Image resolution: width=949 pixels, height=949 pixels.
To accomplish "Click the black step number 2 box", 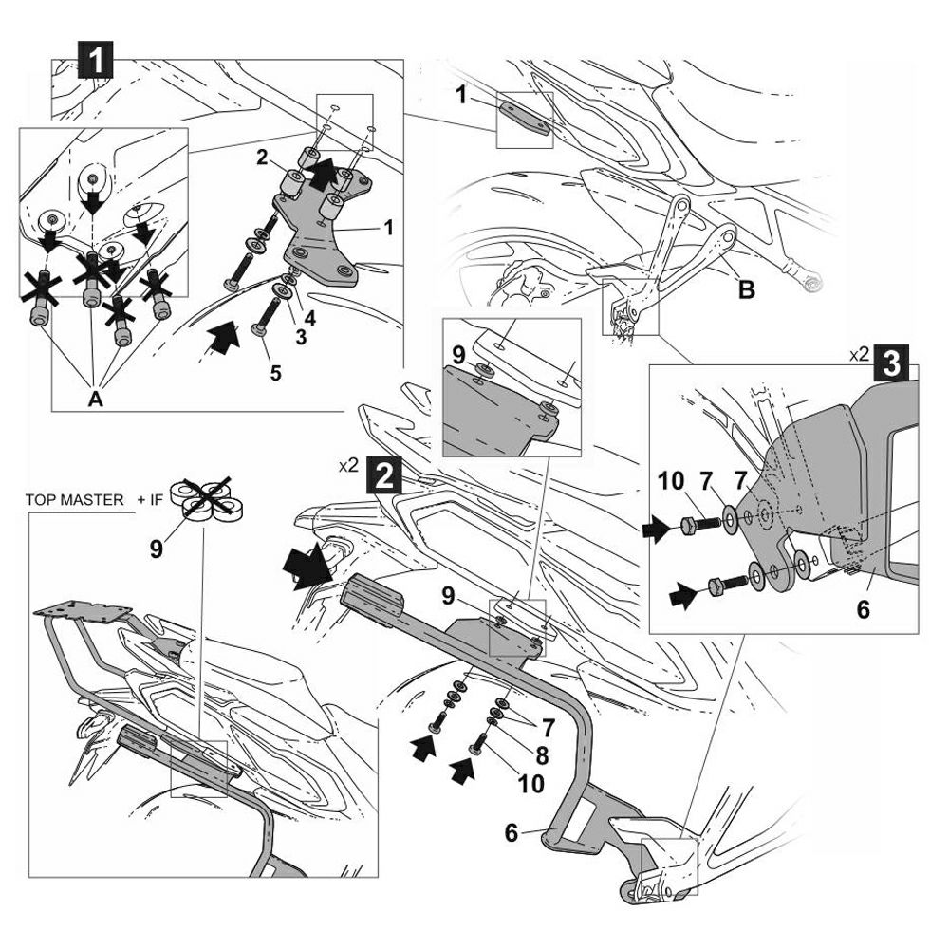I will (382, 472).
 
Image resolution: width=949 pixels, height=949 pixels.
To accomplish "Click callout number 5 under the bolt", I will (275, 373).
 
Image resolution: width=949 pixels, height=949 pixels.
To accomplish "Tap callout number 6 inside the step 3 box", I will (863, 609).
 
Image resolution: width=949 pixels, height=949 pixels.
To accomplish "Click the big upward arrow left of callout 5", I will (221, 336).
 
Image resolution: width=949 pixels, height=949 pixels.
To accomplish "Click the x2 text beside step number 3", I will (859, 355).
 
